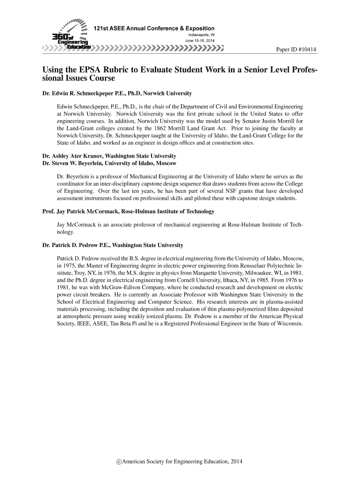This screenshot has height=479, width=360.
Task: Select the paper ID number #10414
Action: pos(306,50)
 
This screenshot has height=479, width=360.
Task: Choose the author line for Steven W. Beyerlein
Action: pos(109,163)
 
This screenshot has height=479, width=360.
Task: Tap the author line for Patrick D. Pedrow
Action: pos(113,245)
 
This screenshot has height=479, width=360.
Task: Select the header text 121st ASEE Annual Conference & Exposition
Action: pos(154,29)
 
